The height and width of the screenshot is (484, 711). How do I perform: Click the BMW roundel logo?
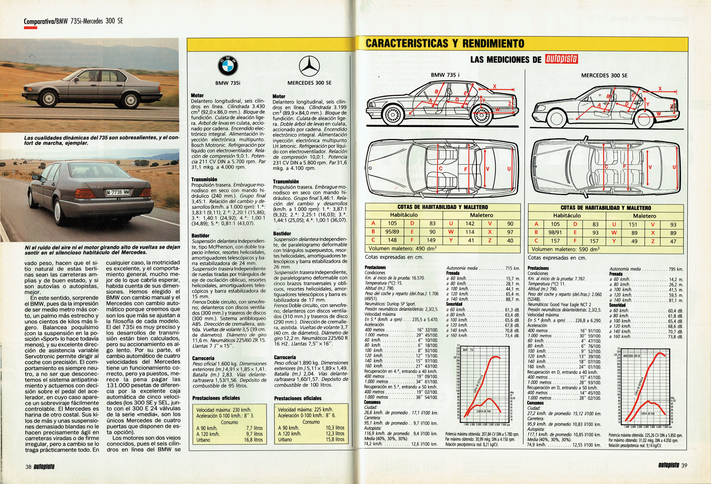click(x=228, y=66)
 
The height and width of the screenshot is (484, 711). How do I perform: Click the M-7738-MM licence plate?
click(x=118, y=192)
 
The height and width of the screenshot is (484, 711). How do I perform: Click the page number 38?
click(x=28, y=467)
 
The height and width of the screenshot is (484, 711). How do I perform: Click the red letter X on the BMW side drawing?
click(x=494, y=86)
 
